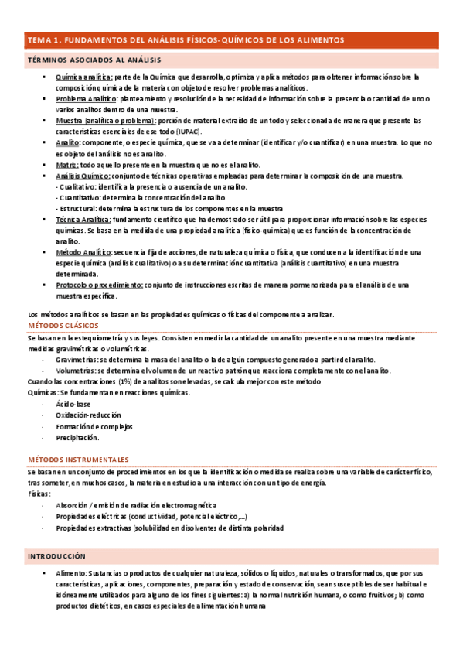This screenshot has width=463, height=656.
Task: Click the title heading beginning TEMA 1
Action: pyautogui.click(x=186, y=40)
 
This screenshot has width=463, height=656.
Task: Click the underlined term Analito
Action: pyautogui.click(x=68, y=143)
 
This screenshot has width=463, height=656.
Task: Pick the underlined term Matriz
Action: pyautogui.click(x=67, y=165)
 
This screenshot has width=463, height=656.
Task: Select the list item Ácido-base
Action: pyautogui.click(x=73, y=405)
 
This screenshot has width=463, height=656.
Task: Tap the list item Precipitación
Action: pyautogui.click(x=77, y=438)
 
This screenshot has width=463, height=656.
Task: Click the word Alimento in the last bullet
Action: pyautogui.click(x=71, y=574)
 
